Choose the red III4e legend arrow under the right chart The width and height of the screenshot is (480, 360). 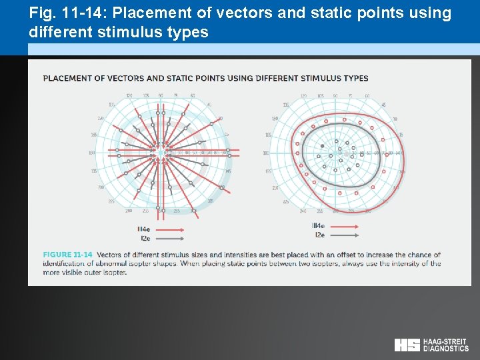point(344,227)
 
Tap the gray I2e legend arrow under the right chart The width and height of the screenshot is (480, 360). point(344,235)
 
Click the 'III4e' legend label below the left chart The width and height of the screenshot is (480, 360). point(143,229)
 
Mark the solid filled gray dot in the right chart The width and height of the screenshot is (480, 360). point(323,146)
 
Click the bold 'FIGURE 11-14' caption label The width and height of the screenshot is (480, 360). point(68,255)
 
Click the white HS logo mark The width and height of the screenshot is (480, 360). point(407,345)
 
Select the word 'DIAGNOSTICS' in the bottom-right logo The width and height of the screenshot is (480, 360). point(446,348)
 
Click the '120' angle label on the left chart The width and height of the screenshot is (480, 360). point(129,96)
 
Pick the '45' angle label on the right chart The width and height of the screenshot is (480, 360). point(383,105)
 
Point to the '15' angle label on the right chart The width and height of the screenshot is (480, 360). point(401,135)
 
